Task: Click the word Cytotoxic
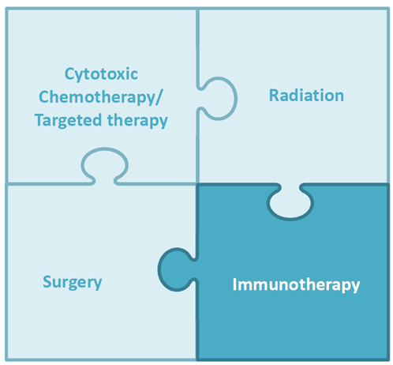[x=101, y=74]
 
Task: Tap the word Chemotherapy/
[x=101, y=98]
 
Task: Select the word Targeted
[x=68, y=121]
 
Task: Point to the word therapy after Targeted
[x=137, y=121]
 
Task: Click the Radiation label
[x=306, y=96]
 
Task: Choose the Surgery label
[x=73, y=283]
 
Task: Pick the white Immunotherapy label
[x=296, y=285]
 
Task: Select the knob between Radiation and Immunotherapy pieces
[x=290, y=202]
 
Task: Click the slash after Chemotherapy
[x=159, y=97]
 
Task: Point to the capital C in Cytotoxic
[x=69, y=73]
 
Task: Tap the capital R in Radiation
[x=274, y=96]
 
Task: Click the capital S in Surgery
[x=47, y=281]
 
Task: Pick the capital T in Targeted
[x=39, y=120]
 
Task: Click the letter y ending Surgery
[x=98, y=285]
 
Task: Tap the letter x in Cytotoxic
[x=125, y=75]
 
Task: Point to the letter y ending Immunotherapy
[x=356, y=288]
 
